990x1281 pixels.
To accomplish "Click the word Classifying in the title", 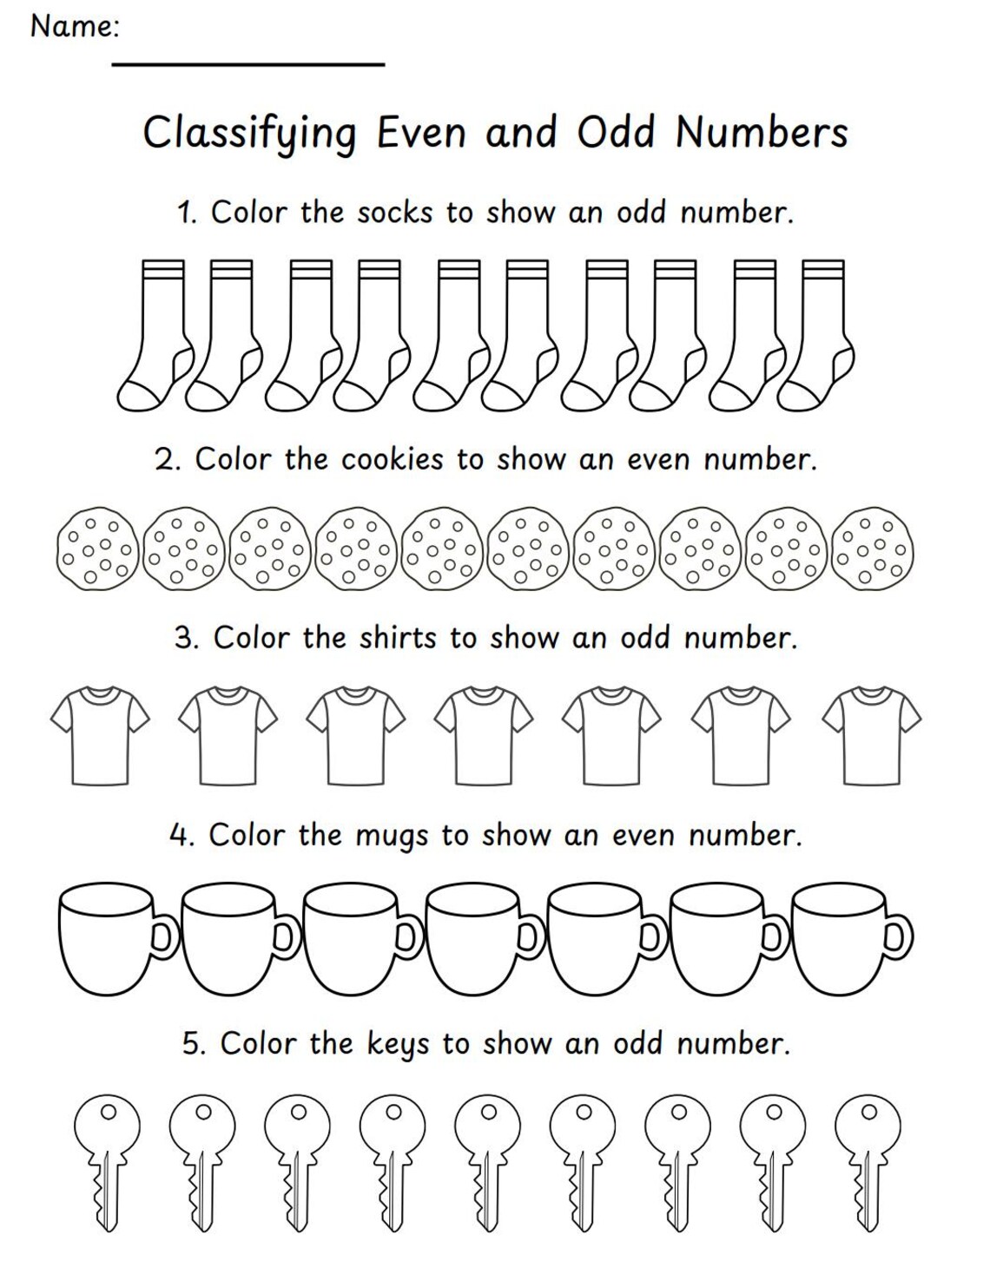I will coord(250,134).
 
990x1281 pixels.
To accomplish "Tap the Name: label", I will coord(75,27).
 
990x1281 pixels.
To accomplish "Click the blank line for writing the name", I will coord(247,63).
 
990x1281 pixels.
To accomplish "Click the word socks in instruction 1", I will coord(394,213).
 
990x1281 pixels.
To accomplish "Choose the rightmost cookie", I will coord(873,549).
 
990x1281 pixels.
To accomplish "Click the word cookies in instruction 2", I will coord(392,459).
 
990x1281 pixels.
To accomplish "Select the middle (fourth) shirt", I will coord(484,733).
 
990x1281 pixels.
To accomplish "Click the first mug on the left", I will coord(106,938).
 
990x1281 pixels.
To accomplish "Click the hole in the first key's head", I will coord(108,1112).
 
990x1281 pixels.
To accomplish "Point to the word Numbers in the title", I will coord(761,134).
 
